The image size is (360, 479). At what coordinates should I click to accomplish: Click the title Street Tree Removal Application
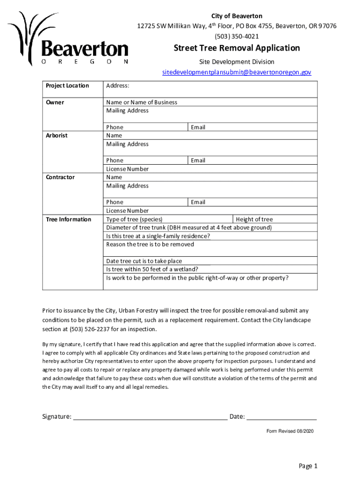(x=237, y=48)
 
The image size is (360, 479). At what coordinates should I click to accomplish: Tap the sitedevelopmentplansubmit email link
(x=237, y=73)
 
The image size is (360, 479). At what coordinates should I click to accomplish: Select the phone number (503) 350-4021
(x=237, y=36)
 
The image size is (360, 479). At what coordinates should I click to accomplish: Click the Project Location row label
(x=67, y=86)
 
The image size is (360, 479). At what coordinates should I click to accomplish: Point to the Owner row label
(x=55, y=102)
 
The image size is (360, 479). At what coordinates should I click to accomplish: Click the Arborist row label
(x=56, y=136)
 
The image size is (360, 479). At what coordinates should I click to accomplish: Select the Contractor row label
(x=59, y=177)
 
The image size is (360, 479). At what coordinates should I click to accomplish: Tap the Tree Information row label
(x=68, y=219)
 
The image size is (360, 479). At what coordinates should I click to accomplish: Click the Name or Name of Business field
(x=210, y=102)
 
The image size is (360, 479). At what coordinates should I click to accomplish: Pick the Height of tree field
(x=275, y=219)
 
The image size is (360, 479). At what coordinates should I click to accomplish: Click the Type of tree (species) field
(x=168, y=219)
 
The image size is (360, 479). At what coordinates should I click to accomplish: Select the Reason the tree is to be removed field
(x=210, y=248)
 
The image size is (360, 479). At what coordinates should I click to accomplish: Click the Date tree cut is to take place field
(x=210, y=261)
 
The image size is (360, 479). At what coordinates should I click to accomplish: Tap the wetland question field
(x=210, y=269)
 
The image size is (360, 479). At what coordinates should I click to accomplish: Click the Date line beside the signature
(x=281, y=416)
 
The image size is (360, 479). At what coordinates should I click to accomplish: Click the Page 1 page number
(x=308, y=466)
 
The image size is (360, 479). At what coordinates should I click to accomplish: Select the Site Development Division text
(x=237, y=62)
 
